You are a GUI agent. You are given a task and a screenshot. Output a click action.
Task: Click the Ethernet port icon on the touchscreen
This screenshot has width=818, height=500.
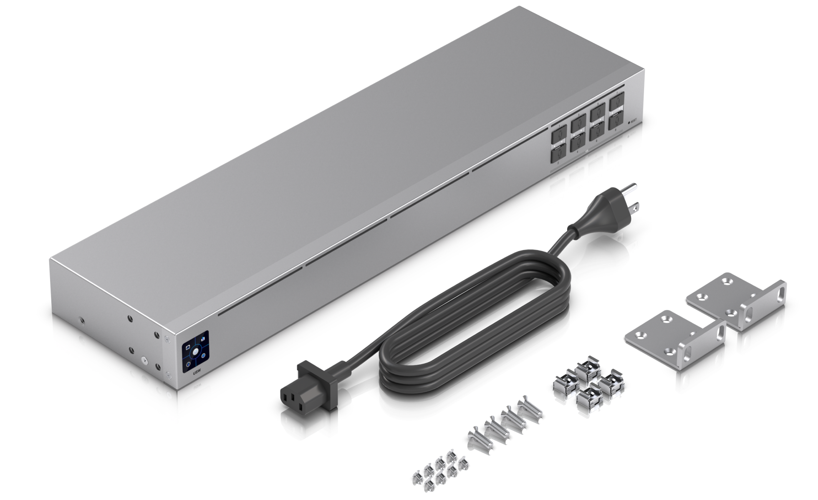(x=188, y=347)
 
